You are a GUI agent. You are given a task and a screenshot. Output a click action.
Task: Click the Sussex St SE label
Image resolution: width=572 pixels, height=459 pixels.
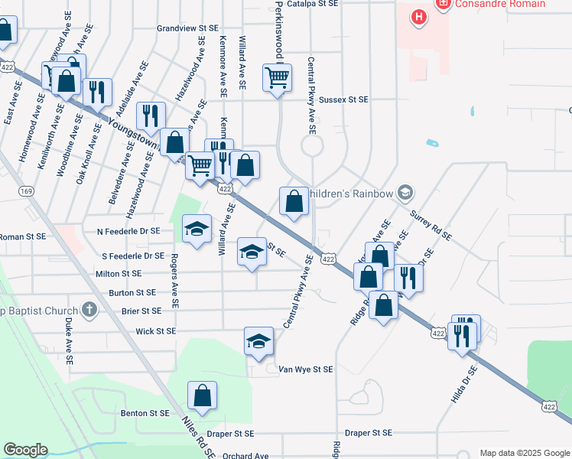tap(343, 99)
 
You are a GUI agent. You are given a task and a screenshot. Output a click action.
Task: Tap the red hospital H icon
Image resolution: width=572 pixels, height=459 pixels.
tap(419, 16)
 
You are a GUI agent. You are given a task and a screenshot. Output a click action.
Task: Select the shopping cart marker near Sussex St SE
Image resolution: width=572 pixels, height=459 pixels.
tap(276, 76)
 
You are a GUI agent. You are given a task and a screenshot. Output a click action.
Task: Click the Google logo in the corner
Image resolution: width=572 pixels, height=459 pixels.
tap(25, 450)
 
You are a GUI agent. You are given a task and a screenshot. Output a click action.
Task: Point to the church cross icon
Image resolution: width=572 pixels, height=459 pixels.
tap(89, 310)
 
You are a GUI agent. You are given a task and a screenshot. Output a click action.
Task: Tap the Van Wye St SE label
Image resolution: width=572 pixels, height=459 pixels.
tap(305, 369)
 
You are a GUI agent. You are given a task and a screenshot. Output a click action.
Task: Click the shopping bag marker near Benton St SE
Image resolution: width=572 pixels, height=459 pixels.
tap(203, 396)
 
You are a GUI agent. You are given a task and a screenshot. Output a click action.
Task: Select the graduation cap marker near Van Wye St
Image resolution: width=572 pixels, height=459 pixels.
tap(258, 341)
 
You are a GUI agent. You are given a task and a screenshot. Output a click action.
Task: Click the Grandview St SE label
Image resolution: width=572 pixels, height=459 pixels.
tap(187, 28)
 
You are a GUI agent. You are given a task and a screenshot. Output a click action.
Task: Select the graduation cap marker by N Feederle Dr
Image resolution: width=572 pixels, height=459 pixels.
tap(197, 229)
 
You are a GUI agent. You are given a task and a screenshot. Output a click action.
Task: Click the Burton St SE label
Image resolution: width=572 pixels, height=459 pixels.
tap(132, 292)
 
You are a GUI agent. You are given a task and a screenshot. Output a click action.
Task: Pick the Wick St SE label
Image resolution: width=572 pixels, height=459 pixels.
tap(155, 331)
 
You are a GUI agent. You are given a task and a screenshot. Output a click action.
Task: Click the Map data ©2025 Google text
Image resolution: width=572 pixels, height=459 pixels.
tap(525, 453)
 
